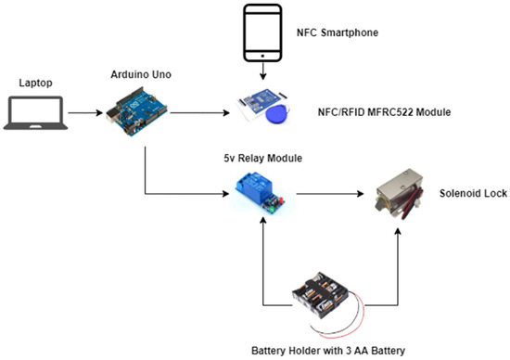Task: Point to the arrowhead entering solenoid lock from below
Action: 402,229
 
